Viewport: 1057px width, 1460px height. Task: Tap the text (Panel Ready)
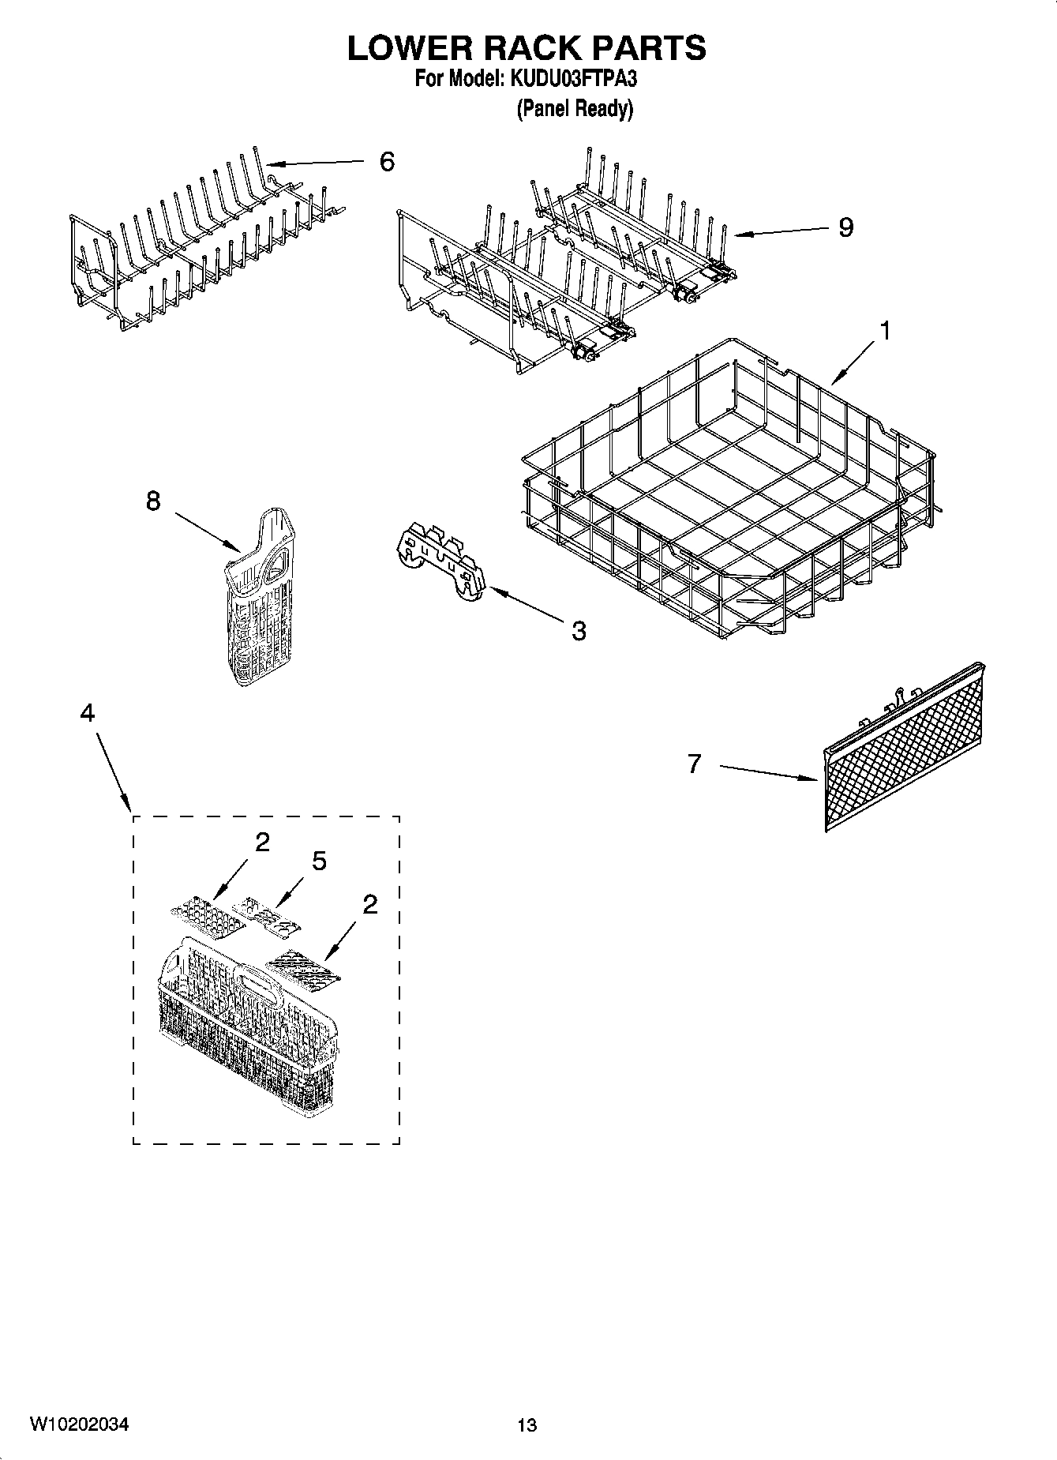click(x=575, y=108)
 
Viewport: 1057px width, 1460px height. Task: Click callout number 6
click(x=386, y=162)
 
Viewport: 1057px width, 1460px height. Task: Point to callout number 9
click(x=845, y=228)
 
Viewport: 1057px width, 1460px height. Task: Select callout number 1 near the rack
click(x=885, y=331)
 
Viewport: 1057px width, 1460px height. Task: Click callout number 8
click(x=153, y=501)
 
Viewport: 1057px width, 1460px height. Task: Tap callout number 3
click(x=579, y=631)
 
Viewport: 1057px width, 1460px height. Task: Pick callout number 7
click(x=694, y=764)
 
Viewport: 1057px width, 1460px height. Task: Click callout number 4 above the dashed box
click(x=88, y=713)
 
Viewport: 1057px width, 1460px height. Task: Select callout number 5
click(x=319, y=861)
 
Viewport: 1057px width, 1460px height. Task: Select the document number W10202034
click(x=79, y=1424)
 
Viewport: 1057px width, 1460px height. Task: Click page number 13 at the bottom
click(x=527, y=1425)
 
